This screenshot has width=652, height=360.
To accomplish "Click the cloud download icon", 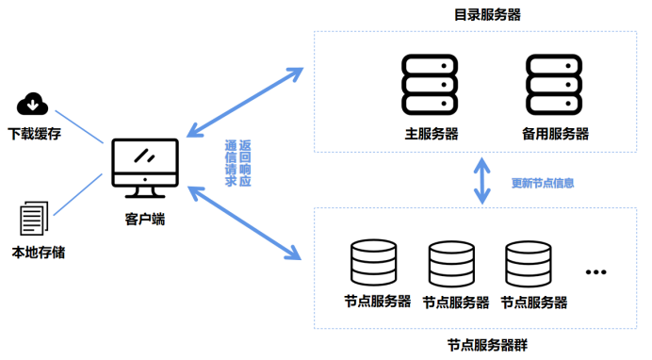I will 34,103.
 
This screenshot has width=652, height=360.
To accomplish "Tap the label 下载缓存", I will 34,134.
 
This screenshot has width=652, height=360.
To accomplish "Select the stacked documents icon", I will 34,218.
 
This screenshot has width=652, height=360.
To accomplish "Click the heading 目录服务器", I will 486,14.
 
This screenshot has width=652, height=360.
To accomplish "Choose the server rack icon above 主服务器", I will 429,85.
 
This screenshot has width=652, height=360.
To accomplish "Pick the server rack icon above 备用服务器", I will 553,85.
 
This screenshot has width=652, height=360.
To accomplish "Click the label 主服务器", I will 431,134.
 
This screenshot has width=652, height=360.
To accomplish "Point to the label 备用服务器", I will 555,134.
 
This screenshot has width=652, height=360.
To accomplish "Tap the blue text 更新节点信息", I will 542,183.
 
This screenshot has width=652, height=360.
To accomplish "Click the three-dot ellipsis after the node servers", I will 595,272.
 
